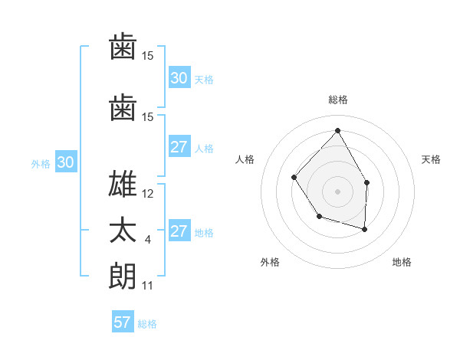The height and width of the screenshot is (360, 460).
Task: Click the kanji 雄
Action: [123, 185]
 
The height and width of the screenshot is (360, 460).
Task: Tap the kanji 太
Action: [123, 230]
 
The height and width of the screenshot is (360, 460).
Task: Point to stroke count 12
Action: [148, 194]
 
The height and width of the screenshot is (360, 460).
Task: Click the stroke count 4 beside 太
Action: [147, 240]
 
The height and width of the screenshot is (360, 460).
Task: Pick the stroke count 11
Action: [147, 286]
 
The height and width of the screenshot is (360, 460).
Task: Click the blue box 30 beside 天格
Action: [179, 78]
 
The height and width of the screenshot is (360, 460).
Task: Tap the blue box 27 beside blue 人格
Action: [179, 148]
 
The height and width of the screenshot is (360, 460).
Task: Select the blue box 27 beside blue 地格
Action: [179, 232]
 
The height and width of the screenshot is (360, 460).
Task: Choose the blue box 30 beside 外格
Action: [65, 162]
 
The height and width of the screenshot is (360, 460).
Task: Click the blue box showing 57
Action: [122, 322]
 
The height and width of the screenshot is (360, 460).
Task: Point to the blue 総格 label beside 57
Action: [147, 324]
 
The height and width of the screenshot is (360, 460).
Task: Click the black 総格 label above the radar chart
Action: [337, 100]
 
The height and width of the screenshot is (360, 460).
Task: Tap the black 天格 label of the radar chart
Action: [431, 159]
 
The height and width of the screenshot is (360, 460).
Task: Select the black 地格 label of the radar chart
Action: [402, 262]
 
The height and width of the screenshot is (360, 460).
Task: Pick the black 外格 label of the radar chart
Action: [270, 262]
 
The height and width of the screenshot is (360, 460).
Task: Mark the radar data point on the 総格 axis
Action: [337, 130]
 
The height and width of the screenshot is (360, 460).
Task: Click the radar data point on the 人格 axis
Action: [294, 178]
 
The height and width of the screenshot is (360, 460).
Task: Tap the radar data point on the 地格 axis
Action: [365, 229]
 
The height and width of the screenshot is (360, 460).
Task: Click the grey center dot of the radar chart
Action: [337, 191]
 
